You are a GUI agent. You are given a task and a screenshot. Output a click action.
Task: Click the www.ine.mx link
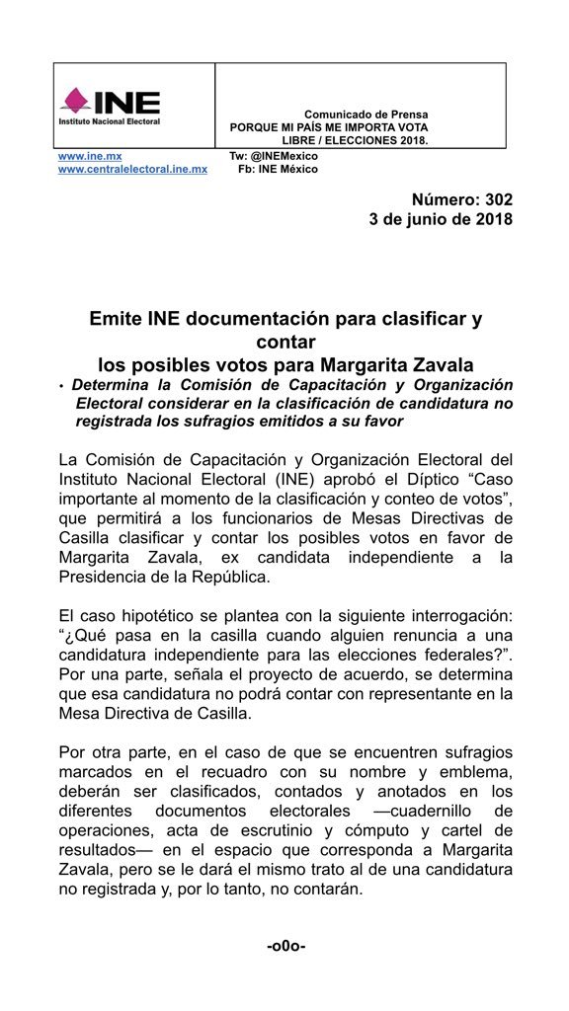(x=82, y=156)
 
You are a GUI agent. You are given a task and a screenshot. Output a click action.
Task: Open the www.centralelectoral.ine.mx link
(x=132, y=169)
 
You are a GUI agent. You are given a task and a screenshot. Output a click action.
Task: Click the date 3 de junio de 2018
(x=441, y=219)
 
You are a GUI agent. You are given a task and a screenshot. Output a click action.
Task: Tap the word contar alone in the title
(x=285, y=343)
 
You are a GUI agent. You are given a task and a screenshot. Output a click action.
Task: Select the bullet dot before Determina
(x=61, y=386)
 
